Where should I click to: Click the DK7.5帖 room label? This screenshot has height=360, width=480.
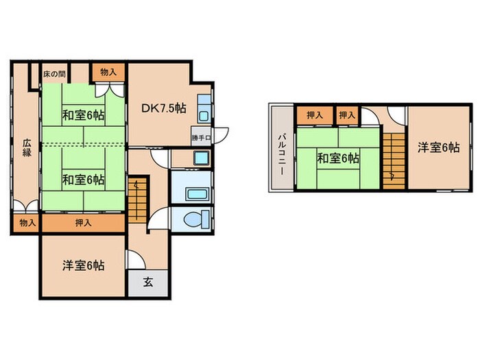165,108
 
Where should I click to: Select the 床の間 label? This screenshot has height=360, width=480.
54,72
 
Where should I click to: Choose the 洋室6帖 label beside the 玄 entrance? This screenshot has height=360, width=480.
84,265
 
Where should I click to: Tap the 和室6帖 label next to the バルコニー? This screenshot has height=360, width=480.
337,158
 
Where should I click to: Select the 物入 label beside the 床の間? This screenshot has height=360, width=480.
108,71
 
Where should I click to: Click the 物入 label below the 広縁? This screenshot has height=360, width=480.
27,223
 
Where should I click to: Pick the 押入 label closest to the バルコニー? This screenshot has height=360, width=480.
315,115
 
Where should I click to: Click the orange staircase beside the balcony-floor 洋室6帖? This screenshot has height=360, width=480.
394,158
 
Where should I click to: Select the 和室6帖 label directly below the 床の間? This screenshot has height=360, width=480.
84,115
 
